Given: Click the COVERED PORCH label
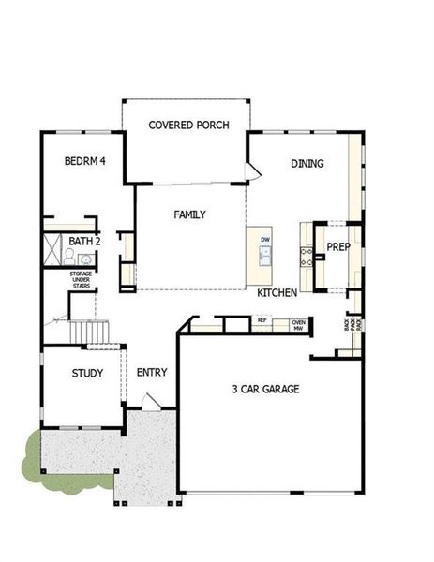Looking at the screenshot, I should coord(190,125).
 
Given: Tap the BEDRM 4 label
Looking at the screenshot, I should coord(84,161).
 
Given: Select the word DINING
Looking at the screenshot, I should coord(307,164).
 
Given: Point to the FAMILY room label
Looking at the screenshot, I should coord(190,214).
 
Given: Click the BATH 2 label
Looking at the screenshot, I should coord(84,242).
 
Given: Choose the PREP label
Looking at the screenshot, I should coord(337,248).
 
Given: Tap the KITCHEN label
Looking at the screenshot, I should coord(277,293).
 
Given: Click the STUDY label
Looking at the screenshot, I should coord(87,373).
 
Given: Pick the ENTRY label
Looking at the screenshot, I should coord(152,373).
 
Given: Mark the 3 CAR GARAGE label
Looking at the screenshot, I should coord(266,389).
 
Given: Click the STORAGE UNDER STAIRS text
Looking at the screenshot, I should coord(81,280).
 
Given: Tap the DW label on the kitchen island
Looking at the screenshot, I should coord(265,240).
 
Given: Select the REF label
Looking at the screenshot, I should coord(263,320).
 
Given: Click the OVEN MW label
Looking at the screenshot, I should coord(298,324).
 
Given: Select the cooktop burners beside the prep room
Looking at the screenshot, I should coord(306,256).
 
